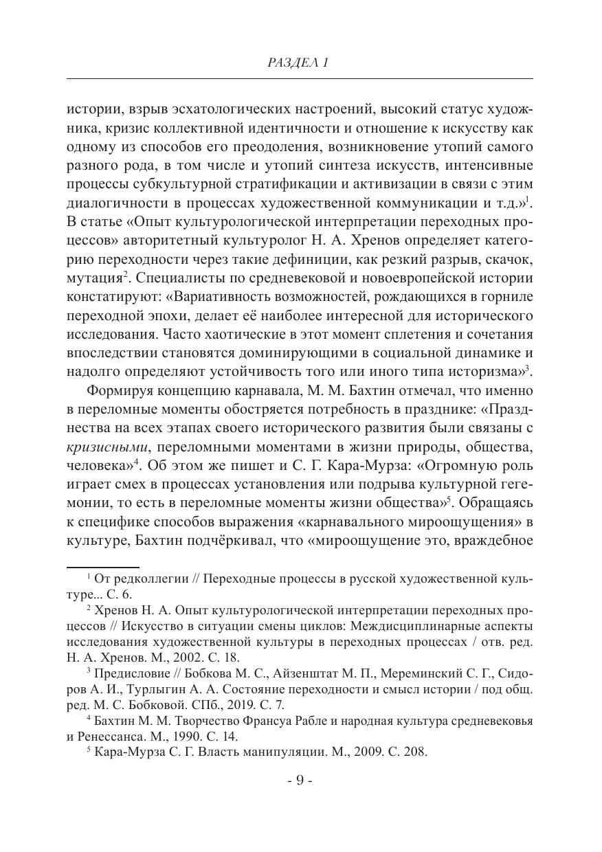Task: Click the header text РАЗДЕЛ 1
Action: (300, 63)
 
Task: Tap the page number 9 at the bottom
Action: (300, 781)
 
